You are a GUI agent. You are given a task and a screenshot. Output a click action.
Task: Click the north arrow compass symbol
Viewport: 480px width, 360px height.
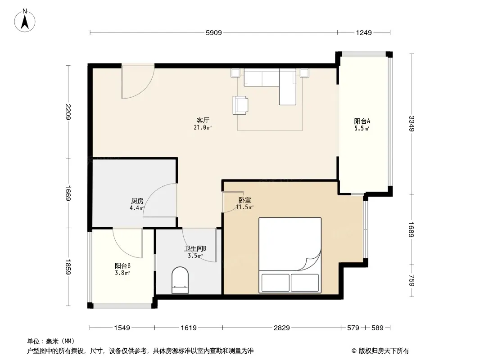[25, 21]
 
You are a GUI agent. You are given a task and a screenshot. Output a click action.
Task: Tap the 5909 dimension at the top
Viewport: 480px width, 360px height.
[214, 32]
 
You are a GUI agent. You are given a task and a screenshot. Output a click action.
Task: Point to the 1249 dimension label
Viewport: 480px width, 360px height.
[364, 32]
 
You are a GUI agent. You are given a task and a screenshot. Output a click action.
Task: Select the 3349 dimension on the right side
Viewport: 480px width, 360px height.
[412, 124]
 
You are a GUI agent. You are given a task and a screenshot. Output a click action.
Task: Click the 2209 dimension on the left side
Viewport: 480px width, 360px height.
[68, 112]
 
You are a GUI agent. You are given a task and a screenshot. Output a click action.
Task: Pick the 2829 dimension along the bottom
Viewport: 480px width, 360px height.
[281, 328]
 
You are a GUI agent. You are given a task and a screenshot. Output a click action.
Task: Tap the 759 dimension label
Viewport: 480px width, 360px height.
[412, 280]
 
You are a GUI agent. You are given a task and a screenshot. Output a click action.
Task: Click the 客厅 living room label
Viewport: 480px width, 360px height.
[203, 120]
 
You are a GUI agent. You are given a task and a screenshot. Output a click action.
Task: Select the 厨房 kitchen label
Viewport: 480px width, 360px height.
[137, 201]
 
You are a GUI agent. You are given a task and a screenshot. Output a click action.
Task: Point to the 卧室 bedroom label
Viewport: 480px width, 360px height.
[245, 200]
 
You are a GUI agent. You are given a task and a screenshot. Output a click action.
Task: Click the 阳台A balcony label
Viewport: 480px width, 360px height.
[362, 121]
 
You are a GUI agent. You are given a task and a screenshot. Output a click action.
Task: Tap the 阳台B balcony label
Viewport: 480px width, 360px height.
[122, 266]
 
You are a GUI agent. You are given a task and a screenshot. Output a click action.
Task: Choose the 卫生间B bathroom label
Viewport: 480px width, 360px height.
[195, 249]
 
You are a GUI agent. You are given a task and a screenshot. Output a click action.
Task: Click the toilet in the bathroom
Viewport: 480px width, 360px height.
[180, 280]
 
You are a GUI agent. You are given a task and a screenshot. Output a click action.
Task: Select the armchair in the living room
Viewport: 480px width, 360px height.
[240, 105]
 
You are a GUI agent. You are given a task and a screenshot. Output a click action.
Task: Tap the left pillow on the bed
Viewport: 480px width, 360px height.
[275, 283]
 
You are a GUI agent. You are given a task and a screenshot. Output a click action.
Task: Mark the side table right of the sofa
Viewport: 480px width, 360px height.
[304, 73]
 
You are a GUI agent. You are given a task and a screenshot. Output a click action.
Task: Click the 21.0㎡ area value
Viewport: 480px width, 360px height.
[203, 127]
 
